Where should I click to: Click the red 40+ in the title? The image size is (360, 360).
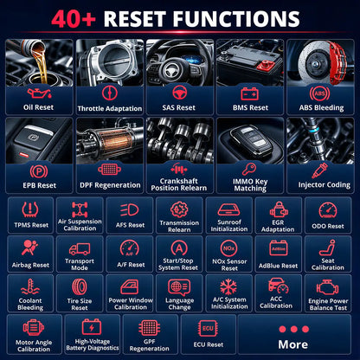[74, 19]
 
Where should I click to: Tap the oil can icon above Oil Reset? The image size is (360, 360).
[39, 93]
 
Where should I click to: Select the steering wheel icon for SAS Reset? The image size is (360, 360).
[180, 93]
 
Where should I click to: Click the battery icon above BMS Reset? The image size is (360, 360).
[250, 93]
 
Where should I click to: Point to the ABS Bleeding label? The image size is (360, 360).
[321, 108]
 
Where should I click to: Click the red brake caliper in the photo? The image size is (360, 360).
[337, 63]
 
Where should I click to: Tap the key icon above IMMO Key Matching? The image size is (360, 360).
[249, 169]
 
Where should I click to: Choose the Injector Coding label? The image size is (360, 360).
[325, 185]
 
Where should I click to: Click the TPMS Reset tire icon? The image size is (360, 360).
[30, 209]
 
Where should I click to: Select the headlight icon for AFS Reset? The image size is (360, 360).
[130, 210]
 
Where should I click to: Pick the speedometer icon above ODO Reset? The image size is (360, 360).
[328, 210]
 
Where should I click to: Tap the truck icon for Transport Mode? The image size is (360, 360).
[80, 249]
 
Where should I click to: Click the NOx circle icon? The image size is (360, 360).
[229, 248]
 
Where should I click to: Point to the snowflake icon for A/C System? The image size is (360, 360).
[228, 286]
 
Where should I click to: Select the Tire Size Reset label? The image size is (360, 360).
[80, 305]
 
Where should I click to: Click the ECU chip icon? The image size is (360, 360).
[208, 329]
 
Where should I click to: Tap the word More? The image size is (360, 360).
[293, 344]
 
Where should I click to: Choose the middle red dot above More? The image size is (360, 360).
[294, 329]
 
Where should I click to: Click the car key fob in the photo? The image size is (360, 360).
[252, 139]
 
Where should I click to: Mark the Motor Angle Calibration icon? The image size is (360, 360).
[34, 328]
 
